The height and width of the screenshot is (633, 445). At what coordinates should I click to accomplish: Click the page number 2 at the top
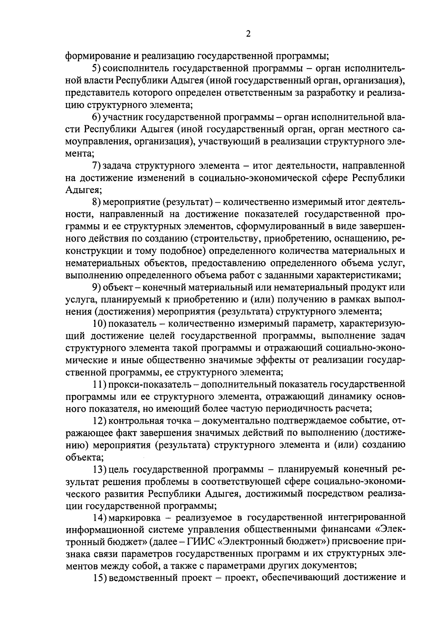[x=248, y=34]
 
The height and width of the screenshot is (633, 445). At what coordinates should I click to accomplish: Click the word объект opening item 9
[x=116, y=288]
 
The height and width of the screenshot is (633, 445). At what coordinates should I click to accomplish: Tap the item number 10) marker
[x=99, y=324]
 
